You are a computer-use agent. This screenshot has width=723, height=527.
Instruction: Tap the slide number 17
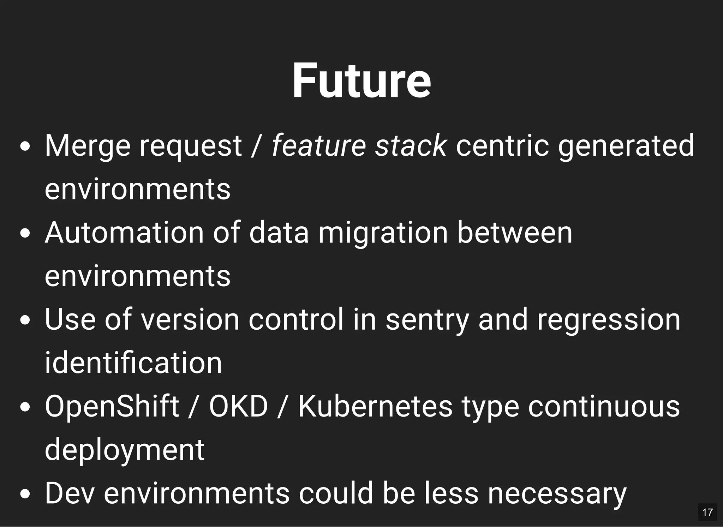tap(707, 512)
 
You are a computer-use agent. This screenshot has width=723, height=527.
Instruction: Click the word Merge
tap(88, 146)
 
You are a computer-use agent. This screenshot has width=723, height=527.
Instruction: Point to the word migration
tap(383, 233)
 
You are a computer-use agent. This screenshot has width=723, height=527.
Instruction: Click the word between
tap(514, 233)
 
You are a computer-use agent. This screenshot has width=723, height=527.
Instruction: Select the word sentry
tap(428, 320)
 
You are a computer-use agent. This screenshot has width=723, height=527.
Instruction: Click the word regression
tap(609, 320)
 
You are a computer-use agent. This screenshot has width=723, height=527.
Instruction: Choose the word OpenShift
tap(112, 407)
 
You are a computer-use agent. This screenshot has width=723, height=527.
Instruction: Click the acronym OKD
tap(239, 407)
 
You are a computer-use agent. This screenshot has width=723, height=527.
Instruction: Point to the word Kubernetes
tap(375, 407)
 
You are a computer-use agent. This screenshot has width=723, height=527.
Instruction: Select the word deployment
tap(125, 450)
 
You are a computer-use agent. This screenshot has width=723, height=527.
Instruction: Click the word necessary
tap(557, 493)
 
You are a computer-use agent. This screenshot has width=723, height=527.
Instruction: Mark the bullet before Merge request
tap(25, 146)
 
